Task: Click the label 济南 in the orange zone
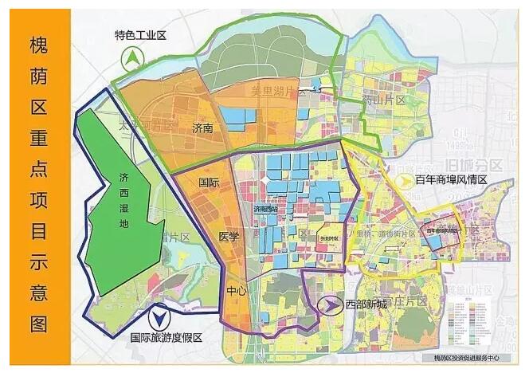(205, 128)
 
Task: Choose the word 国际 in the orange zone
(210, 183)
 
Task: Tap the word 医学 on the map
(228, 237)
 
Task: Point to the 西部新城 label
(366, 304)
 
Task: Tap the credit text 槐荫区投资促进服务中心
(468, 359)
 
